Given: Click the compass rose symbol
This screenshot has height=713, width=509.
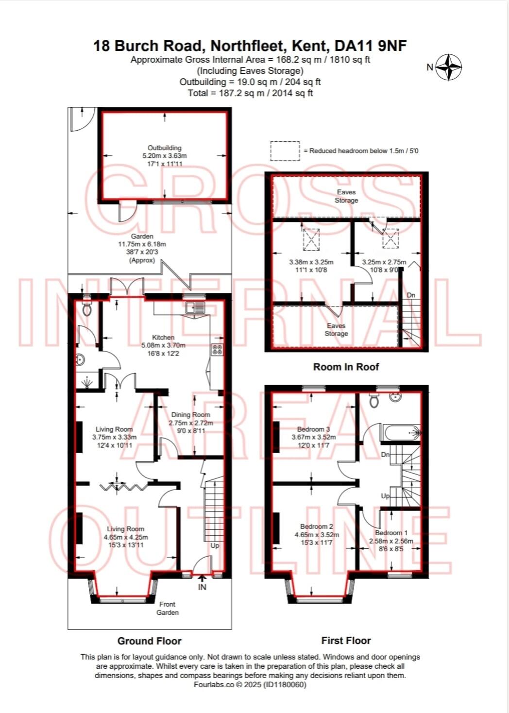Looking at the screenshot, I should (448, 67).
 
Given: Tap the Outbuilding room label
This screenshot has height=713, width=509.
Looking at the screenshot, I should (164, 148).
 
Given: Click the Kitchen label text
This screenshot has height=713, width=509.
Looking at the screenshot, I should (163, 337).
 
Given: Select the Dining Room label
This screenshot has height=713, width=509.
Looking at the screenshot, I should (190, 415).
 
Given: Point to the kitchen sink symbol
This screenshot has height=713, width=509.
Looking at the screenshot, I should (198, 308).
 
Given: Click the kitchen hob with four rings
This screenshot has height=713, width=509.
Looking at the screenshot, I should (217, 350).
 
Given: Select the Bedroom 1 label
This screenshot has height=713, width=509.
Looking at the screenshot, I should (391, 533).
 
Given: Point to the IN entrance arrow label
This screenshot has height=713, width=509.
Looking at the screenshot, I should (202, 587).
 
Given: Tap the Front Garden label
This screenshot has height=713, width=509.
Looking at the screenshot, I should (168, 608).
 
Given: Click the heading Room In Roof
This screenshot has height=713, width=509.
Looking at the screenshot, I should (346, 367).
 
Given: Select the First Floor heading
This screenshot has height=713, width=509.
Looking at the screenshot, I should (346, 641).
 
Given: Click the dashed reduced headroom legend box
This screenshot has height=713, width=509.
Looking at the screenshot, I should (285, 151).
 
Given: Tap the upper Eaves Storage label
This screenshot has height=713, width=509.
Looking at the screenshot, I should (346, 196).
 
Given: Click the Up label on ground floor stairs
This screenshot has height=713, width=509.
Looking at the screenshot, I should (215, 545).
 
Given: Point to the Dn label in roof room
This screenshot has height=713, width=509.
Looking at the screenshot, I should (411, 295).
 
